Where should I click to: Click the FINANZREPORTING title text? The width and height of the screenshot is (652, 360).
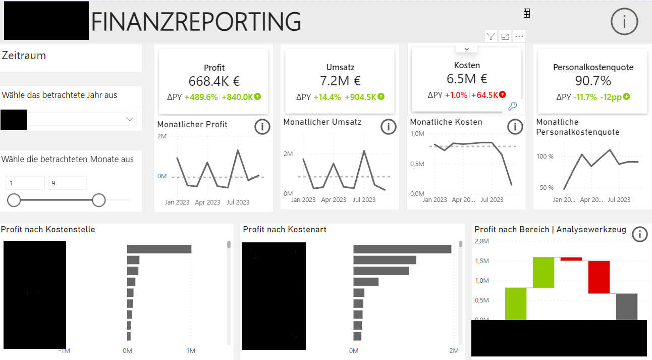click(x=196, y=21)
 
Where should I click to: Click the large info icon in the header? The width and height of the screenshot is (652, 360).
click(x=624, y=22)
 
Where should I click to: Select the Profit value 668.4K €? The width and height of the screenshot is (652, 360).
click(x=214, y=81)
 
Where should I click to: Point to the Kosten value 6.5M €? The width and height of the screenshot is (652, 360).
click(x=467, y=79)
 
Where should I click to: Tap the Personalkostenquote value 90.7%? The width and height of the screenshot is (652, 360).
click(x=593, y=81)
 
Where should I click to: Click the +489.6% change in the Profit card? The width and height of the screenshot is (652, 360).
click(x=200, y=97)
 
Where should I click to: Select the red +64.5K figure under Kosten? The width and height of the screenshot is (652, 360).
click(x=485, y=95)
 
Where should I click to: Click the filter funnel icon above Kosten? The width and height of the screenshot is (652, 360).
click(x=491, y=36)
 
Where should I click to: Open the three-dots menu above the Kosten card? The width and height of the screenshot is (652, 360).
click(x=519, y=36)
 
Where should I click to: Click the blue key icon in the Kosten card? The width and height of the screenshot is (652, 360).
click(x=512, y=106)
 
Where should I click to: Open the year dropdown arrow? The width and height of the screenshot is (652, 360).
click(x=130, y=119)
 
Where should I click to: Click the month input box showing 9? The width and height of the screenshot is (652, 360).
click(x=67, y=183)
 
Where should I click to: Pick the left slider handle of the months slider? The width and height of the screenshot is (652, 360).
click(x=14, y=200)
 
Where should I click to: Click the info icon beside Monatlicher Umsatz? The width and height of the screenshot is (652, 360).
click(x=389, y=127)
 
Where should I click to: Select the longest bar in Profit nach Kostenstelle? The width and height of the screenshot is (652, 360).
click(x=159, y=249)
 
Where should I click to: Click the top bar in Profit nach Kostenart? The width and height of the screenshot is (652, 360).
click(x=402, y=249)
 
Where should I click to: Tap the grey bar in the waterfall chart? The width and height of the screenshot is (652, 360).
click(x=627, y=306)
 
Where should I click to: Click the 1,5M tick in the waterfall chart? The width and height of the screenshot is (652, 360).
click(x=482, y=261)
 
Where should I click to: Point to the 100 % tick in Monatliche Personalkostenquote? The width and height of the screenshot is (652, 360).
click(x=545, y=157)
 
